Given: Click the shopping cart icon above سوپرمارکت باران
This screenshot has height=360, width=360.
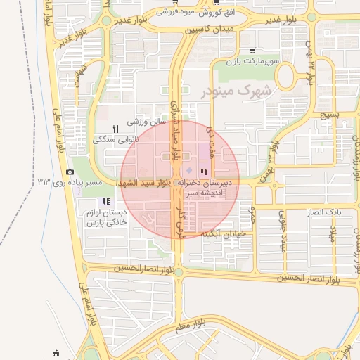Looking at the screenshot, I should point(252,51).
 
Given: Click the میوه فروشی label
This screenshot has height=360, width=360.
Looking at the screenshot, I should point(176,13).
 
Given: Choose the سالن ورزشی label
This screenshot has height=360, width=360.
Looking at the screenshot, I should point(146,122).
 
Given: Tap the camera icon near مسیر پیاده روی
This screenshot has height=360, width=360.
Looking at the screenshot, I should point(70,172).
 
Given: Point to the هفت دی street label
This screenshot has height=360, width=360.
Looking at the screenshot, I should point(208,135).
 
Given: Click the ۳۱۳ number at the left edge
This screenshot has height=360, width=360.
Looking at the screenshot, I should point(45,182).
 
